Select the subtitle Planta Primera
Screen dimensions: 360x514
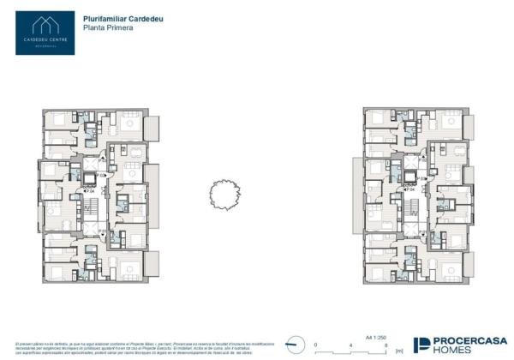(x=104, y=27)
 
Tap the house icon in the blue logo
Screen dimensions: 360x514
(x=45, y=22)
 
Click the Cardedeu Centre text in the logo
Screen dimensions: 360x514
(x=45, y=39)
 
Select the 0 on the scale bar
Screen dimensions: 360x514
(x=316, y=344)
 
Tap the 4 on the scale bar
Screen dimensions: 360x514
(x=351, y=344)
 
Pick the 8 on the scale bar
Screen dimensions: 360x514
(x=386, y=344)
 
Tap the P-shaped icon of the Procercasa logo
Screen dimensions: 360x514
(x=422, y=344)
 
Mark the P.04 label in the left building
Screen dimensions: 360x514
(x=88, y=190)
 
